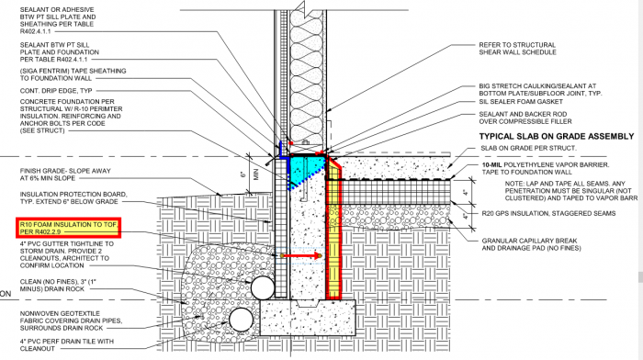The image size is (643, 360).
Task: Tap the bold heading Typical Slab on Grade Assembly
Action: point(550,136)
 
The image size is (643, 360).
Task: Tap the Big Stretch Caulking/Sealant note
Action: point(552,89)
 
